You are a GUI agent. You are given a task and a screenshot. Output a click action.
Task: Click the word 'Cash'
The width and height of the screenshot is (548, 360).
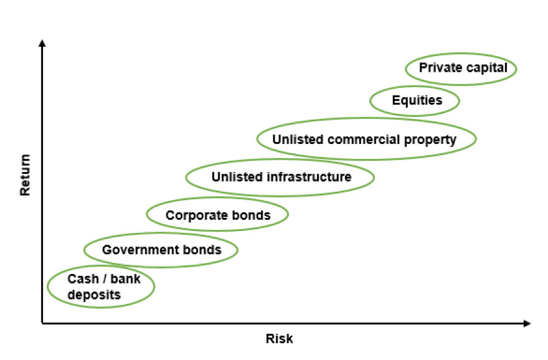point(83,279)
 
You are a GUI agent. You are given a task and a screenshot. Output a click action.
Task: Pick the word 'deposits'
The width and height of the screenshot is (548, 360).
point(94,295)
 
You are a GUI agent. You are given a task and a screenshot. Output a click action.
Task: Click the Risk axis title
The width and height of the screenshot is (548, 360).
point(279,339)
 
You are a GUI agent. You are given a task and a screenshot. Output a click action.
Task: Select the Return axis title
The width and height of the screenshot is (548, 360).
point(25,175)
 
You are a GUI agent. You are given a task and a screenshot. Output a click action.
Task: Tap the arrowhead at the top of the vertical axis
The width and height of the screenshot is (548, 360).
point(42,43)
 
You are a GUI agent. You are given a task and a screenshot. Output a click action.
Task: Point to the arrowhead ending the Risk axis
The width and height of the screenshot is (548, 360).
point(527,323)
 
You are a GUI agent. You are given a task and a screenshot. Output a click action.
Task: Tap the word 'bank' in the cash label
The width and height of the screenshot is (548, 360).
point(125,279)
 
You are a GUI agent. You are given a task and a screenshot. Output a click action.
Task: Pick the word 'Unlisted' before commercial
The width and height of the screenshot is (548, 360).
point(298,140)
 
